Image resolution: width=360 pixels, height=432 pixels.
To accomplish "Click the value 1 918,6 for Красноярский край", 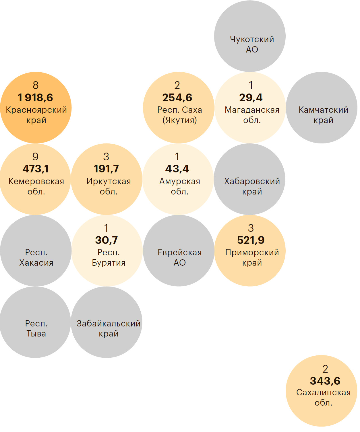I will point(35,98).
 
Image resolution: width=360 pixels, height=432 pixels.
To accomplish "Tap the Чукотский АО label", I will point(252,44).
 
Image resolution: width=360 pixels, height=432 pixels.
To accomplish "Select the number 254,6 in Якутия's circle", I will point(177,98).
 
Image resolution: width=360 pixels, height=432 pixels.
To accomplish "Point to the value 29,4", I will point(251,98).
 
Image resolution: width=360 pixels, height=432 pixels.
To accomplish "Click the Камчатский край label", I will point(323,115).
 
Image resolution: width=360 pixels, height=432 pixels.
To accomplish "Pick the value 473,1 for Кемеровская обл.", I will point(36,169).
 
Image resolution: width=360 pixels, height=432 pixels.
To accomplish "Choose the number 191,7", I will point(106,169).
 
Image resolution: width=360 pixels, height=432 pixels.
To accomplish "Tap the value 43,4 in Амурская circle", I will point(177,169).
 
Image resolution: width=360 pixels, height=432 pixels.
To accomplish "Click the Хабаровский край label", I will point(252,186).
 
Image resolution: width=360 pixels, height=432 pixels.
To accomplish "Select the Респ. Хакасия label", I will point(36,257).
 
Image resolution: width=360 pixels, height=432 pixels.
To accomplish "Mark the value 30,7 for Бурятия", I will point(107,240).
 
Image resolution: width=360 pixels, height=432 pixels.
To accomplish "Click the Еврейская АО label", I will point(179,257).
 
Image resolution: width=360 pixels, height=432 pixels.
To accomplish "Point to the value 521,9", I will point(251,240).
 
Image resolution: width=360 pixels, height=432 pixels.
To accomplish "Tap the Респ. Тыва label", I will point(36,328).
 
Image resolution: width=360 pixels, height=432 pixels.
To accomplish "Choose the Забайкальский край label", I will point(109,328).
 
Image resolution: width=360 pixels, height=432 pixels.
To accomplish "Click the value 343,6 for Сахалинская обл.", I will point(325,381).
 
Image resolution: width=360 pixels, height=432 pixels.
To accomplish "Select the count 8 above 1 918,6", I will point(36,85).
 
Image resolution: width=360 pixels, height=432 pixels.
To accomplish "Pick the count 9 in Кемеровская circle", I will point(35,157).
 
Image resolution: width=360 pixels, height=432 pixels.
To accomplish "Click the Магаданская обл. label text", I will point(252,115).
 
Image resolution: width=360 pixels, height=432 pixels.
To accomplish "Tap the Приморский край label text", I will point(252,257).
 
